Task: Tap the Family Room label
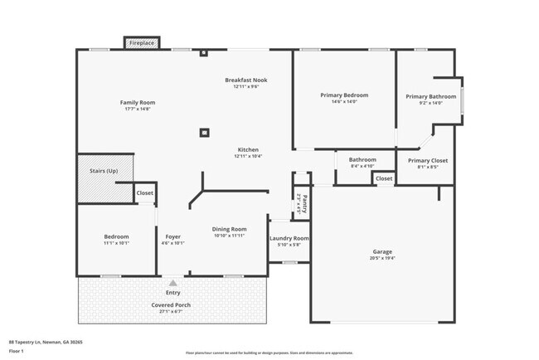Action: (x=139, y=103)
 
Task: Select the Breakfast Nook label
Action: (x=245, y=80)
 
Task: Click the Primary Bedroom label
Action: (x=344, y=95)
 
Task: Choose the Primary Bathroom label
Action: (x=430, y=96)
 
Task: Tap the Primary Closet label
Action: (x=428, y=160)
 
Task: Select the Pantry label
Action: (x=303, y=203)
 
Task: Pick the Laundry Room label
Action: (x=289, y=239)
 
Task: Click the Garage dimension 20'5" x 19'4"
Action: (x=382, y=258)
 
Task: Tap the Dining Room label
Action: (x=230, y=229)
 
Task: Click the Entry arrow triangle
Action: (x=172, y=283)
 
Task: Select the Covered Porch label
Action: (x=172, y=304)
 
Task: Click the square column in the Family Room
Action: (x=204, y=131)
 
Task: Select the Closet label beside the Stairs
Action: (x=145, y=192)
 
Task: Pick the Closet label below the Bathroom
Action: (x=384, y=178)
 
